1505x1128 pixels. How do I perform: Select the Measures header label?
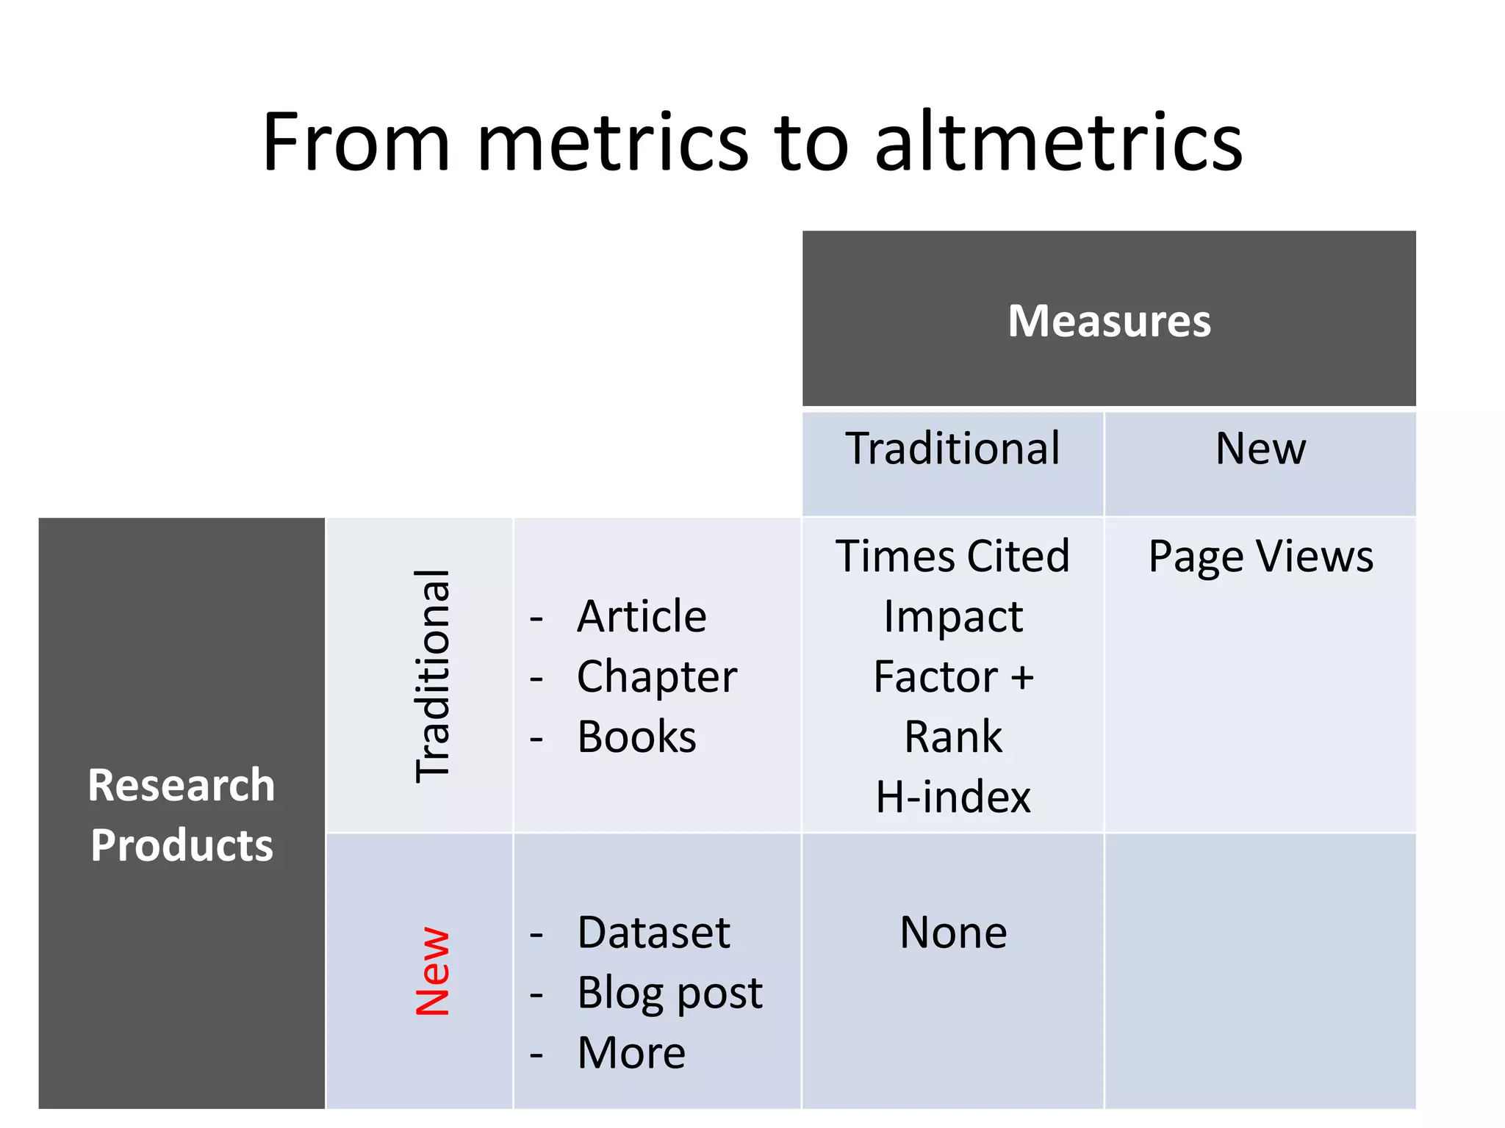click(1109, 321)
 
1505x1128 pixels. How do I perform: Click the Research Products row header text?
click(182, 814)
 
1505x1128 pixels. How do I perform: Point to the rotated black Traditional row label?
click(433, 675)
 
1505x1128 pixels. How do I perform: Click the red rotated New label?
click(433, 971)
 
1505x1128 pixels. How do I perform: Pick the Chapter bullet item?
click(656, 676)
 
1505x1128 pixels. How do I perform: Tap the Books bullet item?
click(636, 737)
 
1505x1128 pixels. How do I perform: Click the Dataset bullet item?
click(653, 933)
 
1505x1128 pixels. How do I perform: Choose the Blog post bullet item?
click(669, 993)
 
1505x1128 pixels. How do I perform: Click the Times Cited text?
click(952, 556)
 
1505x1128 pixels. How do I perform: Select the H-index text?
click(953, 797)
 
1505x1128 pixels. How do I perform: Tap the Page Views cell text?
click(1260, 556)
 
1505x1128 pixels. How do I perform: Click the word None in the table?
click(953, 933)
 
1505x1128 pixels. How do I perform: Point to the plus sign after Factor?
click(1021, 676)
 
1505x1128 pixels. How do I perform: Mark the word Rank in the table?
click(953, 737)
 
